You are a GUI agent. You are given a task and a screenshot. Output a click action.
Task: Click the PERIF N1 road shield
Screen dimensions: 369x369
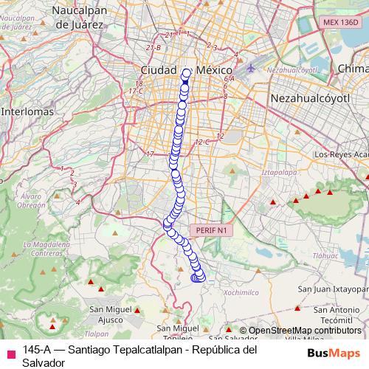[x=212, y=231]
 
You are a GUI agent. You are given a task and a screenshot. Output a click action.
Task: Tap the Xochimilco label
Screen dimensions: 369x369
[x=237, y=292]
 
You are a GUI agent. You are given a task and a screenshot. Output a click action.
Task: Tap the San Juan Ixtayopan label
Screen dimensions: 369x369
[x=336, y=290]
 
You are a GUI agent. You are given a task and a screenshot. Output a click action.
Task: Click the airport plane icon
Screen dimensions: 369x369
[x=251, y=69]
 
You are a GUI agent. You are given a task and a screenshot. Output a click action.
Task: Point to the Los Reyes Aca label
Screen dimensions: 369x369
[x=340, y=155]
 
